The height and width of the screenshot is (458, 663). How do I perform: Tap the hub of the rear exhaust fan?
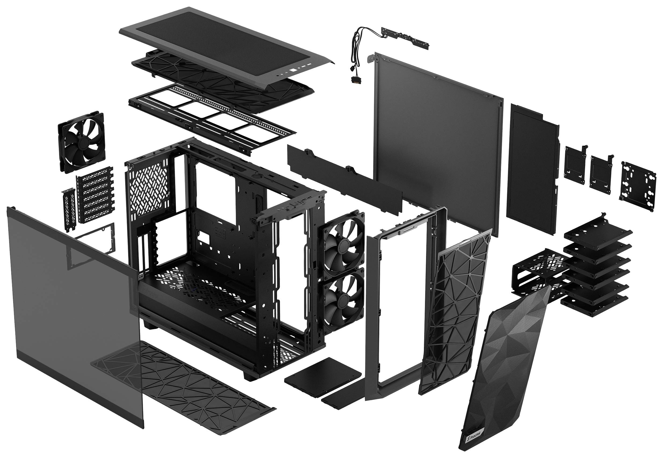82,142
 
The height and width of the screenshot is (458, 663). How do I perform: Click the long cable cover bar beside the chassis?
345,178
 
